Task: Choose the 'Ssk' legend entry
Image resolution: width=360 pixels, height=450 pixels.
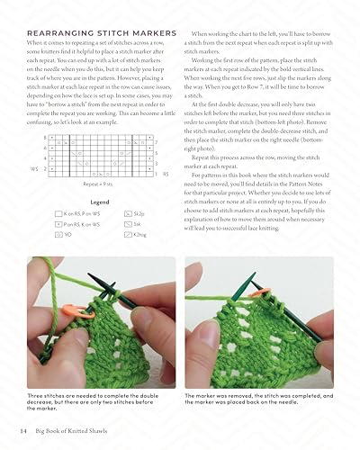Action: pos(136,223)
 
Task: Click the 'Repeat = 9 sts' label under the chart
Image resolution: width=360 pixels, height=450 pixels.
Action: pos(99,183)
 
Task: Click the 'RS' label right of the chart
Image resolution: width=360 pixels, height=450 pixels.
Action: pos(166,173)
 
